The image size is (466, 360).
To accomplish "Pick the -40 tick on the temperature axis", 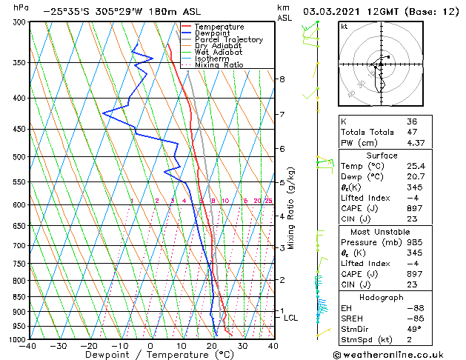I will [x=28, y=346].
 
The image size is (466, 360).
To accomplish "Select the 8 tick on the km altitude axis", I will [x=282, y=79].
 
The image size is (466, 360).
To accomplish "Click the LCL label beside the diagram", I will [x=291, y=318].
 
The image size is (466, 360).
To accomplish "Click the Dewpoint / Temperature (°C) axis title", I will [x=150, y=356].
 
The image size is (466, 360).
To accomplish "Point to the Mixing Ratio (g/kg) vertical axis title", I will [x=291, y=208].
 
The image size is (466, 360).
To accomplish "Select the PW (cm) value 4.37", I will [x=415, y=143].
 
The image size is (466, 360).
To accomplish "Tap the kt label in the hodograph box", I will [x=344, y=27].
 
